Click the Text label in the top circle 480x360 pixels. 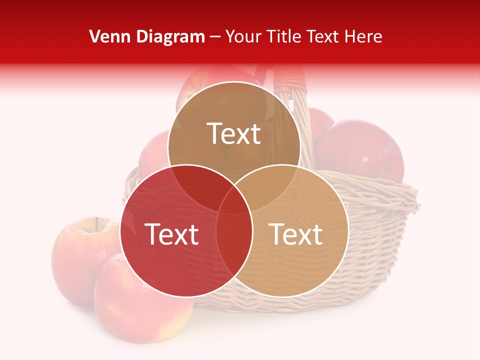point(234,133)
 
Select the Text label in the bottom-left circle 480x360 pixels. point(171,234)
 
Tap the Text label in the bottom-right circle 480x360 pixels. point(295,234)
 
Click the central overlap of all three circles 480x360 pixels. point(234,197)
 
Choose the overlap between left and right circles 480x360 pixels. point(234,240)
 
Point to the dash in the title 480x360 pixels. point(215,37)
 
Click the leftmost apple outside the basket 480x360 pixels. point(75,260)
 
